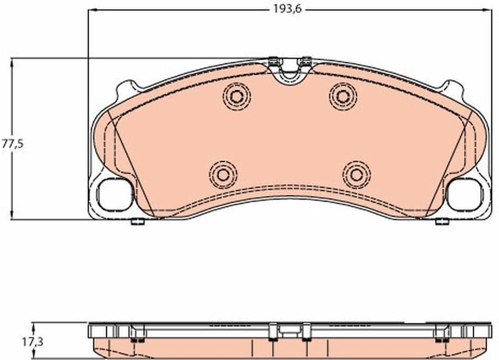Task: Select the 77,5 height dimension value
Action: click(x=12, y=144)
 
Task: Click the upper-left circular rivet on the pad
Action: click(x=236, y=96)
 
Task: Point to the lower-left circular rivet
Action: click(x=223, y=173)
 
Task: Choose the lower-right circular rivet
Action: click(x=356, y=173)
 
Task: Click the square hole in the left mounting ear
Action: click(x=116, y=194)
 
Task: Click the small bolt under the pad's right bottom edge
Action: click(x=440, y=221)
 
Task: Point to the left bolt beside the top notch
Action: click(x=273, y=61)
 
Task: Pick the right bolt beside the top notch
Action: click(x=305, y=61)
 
